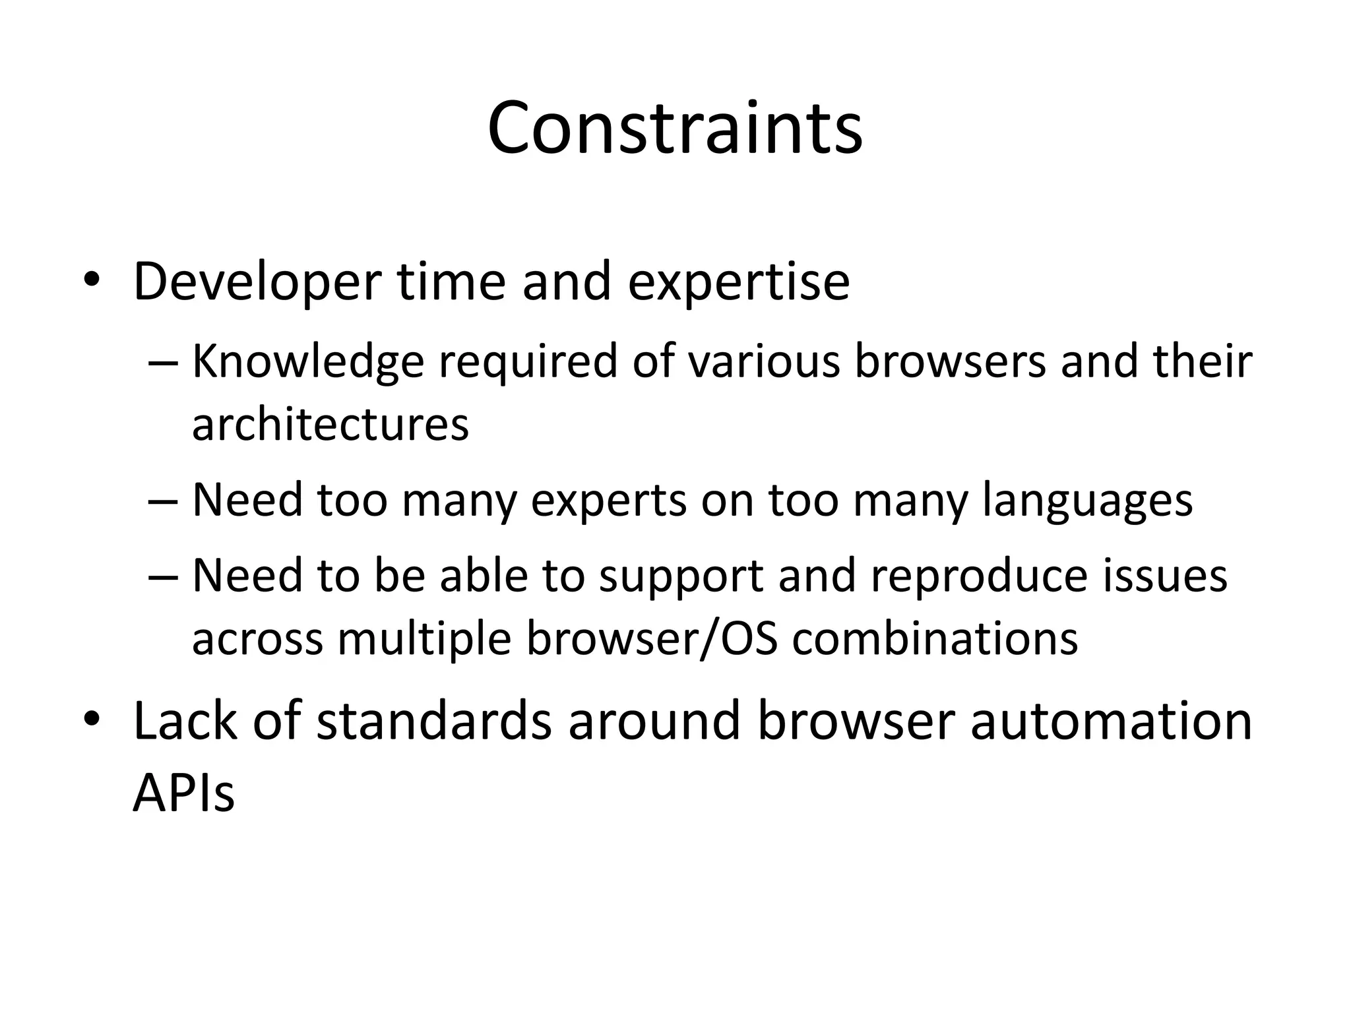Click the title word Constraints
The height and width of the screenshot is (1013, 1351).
[x=675, y=128]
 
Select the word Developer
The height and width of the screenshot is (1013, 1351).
[x=257, y=282]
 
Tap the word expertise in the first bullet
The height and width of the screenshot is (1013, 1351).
[x=738, y=282]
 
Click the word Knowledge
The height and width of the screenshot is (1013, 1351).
[x=308, y=362]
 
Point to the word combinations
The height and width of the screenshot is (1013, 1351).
[x=935, y=638]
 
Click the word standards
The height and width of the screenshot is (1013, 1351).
[x=433, y=721]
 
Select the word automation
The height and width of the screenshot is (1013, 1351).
[x=1111, y=721]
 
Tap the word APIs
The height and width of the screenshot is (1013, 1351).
[x=183, y=793]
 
